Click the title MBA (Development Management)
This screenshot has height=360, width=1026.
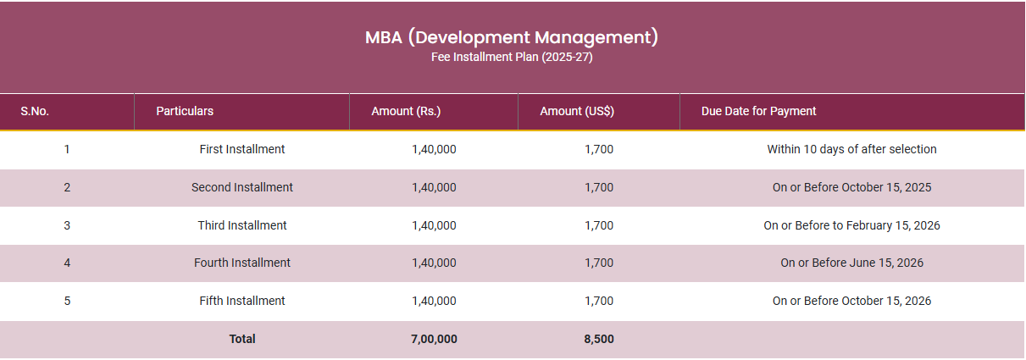(x=512, y=37)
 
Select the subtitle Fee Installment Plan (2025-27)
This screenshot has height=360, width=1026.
(x=512, y=58)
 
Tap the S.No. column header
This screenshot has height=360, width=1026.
(x=35, y=111)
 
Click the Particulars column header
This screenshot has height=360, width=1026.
(x=185, y=111)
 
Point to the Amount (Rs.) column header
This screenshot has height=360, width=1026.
(x=406, y=111)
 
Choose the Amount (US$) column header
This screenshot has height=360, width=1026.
(x=577, y=111)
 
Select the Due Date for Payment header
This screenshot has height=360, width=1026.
(x=758, y=111)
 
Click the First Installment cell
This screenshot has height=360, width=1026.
(x=242, y=149)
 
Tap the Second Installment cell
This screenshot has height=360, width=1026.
(x=242, y=187)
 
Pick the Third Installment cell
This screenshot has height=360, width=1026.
(x=242, y=225)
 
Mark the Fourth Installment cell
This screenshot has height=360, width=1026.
(x=242, y=263)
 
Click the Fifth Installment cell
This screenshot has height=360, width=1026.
(x=242, y=301)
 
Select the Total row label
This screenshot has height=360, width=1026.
(x=242, y=339)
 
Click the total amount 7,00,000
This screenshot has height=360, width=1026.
(x=434, y=339)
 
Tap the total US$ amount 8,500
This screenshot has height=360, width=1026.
(x=599, y=339)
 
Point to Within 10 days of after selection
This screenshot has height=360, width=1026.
(x=851, y=149)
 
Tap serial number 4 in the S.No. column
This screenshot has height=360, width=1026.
(x=67, y=263)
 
